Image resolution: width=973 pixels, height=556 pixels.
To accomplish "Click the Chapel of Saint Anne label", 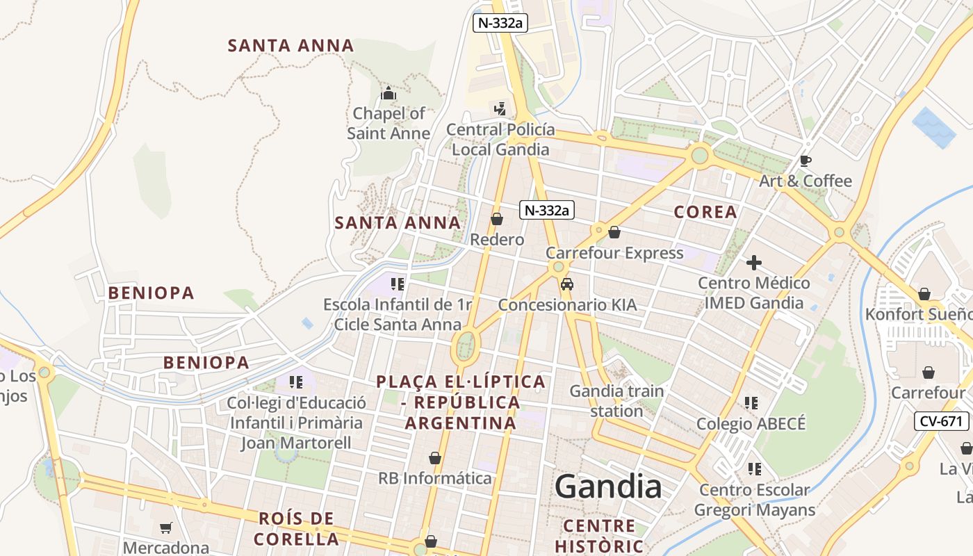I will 388,123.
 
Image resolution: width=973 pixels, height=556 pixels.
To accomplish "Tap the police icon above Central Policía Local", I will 500,108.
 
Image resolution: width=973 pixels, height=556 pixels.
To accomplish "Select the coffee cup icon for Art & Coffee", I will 805,161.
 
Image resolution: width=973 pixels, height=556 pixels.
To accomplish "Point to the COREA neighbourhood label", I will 705,212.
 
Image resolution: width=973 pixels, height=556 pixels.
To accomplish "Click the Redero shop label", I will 497,240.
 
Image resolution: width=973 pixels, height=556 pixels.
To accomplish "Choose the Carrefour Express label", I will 614,253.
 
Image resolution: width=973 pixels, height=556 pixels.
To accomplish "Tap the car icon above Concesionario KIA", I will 567,284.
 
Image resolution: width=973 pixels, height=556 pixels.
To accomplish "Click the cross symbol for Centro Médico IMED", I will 754,263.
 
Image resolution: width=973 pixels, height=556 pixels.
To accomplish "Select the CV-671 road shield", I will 941,420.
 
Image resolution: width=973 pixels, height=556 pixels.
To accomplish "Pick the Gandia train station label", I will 616,401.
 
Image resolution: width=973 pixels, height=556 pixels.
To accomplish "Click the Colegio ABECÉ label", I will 751,424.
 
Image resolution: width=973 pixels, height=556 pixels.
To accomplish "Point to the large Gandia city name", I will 608,486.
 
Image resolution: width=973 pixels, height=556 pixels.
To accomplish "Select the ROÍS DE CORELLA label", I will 297,528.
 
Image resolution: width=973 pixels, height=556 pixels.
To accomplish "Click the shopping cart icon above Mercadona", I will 165,528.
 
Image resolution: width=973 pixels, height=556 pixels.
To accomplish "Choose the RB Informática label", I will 435,478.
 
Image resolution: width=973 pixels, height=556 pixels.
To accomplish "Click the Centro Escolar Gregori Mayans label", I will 754,500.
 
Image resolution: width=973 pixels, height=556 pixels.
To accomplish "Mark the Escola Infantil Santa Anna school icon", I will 398,284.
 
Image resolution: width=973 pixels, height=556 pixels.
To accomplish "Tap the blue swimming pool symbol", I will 934,127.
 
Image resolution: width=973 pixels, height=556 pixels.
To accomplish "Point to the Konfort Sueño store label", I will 918,314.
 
